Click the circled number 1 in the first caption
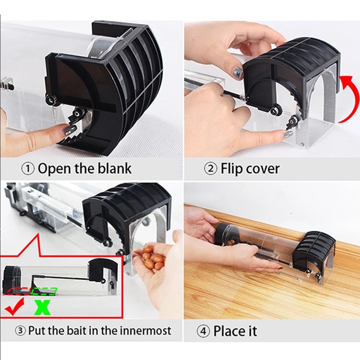click(29, 169)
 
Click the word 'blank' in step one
click(115, 169)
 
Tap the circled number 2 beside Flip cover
click(211, 169)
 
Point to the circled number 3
click(20, 331)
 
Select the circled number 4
click(204, 332)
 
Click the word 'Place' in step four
click(229, 331)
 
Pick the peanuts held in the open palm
click(152, 260)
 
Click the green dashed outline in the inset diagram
click(45, 292)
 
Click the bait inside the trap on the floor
click(231, 242)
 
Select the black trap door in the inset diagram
click(96, 270)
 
